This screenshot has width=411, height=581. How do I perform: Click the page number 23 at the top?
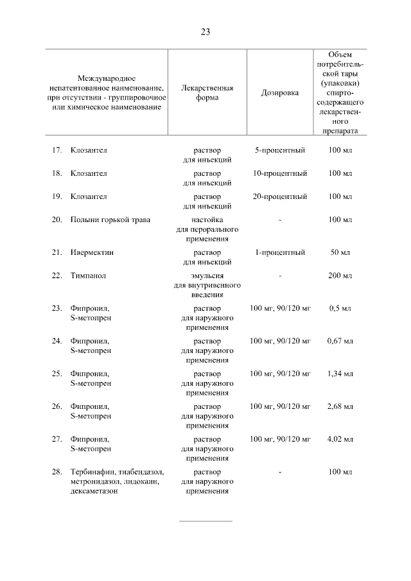(205, 32)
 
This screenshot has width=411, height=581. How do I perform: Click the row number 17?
(57, 150)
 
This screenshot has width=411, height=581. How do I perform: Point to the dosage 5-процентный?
(280, 150)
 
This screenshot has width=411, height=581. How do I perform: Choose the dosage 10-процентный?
(280, 173)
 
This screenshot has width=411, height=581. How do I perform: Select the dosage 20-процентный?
(280, 196)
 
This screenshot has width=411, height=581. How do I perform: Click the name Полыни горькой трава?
(110, 220)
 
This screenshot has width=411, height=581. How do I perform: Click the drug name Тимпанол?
(89, 275)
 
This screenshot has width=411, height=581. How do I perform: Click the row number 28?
(57, 472)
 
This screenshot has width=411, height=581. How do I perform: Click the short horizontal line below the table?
(205, 521)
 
